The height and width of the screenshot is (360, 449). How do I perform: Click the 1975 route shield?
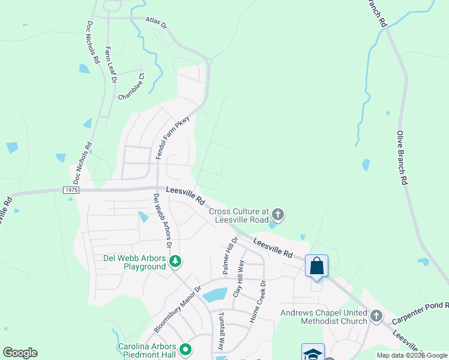70,190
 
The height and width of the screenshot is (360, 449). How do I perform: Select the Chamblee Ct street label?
132,86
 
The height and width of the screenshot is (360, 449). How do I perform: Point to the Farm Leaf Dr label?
110,65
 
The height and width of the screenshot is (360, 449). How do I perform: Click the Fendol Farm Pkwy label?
173,137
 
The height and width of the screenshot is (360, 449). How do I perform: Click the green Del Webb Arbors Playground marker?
175,261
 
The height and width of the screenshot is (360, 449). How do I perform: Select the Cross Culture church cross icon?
277,214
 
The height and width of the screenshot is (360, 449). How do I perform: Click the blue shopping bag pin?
316,265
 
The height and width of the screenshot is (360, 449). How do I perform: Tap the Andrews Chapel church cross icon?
376,316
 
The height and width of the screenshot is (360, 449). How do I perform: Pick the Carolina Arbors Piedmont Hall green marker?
185,349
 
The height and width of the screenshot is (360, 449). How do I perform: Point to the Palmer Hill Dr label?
231,256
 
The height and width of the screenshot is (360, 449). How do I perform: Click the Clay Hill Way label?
240,278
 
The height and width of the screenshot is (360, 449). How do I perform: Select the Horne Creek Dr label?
262,300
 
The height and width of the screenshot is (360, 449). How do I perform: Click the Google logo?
20,353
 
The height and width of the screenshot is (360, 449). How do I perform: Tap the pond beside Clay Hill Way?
215,295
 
